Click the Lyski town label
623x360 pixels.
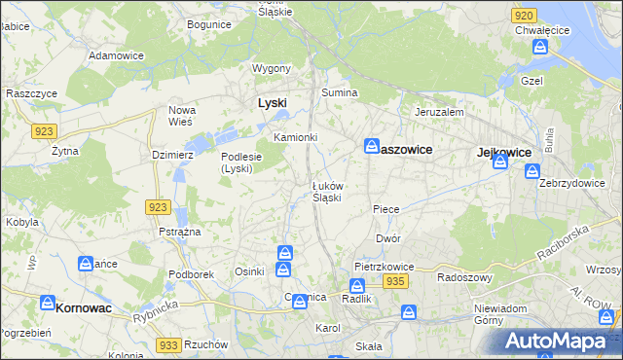(x=272, y=102)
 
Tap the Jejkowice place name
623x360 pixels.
(x=503, y=153)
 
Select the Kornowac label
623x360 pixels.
(x=83, y=307)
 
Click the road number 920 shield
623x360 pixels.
(x=523, y=16)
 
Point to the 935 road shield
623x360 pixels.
(x=394, y=281)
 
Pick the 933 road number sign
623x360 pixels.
(x=168, y=345)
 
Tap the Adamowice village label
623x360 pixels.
(x=116, y=55)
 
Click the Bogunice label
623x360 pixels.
(x=208, y=23)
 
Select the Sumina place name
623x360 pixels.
(x=341, y=92)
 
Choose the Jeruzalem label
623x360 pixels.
(x=438, y=112)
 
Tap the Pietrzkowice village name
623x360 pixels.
(x=385, y=266)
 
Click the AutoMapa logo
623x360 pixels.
(x=560, y=341)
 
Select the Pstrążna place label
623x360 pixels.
(x=180, y=232)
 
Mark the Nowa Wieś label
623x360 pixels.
(x=182, y=116)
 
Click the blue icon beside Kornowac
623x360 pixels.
(x=46, y=304)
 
